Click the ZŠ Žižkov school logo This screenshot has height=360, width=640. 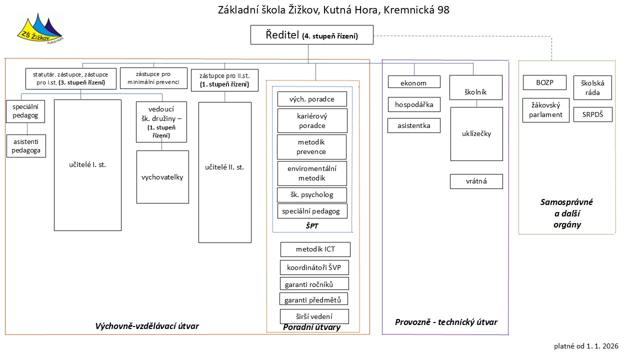[40, 29]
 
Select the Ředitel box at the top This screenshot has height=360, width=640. [311, 35]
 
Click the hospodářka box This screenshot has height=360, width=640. [414, 104]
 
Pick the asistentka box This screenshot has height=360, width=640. [414, 125]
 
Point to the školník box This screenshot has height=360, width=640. [476, 91]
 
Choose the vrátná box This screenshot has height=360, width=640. [476, 181]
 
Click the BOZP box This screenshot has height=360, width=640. [544, 82]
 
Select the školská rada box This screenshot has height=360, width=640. [592, 88]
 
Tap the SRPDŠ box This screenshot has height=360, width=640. [592, 114]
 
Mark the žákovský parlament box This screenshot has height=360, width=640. [546, 110]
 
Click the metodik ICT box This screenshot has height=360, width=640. [315, 249]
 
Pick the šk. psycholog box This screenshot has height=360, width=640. [311, 195]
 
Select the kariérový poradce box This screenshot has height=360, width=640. [311, 121]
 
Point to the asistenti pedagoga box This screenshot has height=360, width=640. [26, 146]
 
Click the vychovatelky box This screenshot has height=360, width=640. [162, 177]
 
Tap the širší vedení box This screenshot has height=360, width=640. [314, 316]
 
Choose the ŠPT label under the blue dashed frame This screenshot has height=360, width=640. [312, 226]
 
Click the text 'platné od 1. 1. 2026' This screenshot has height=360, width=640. [586, 345]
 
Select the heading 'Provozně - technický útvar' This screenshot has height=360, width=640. [446, 322]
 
